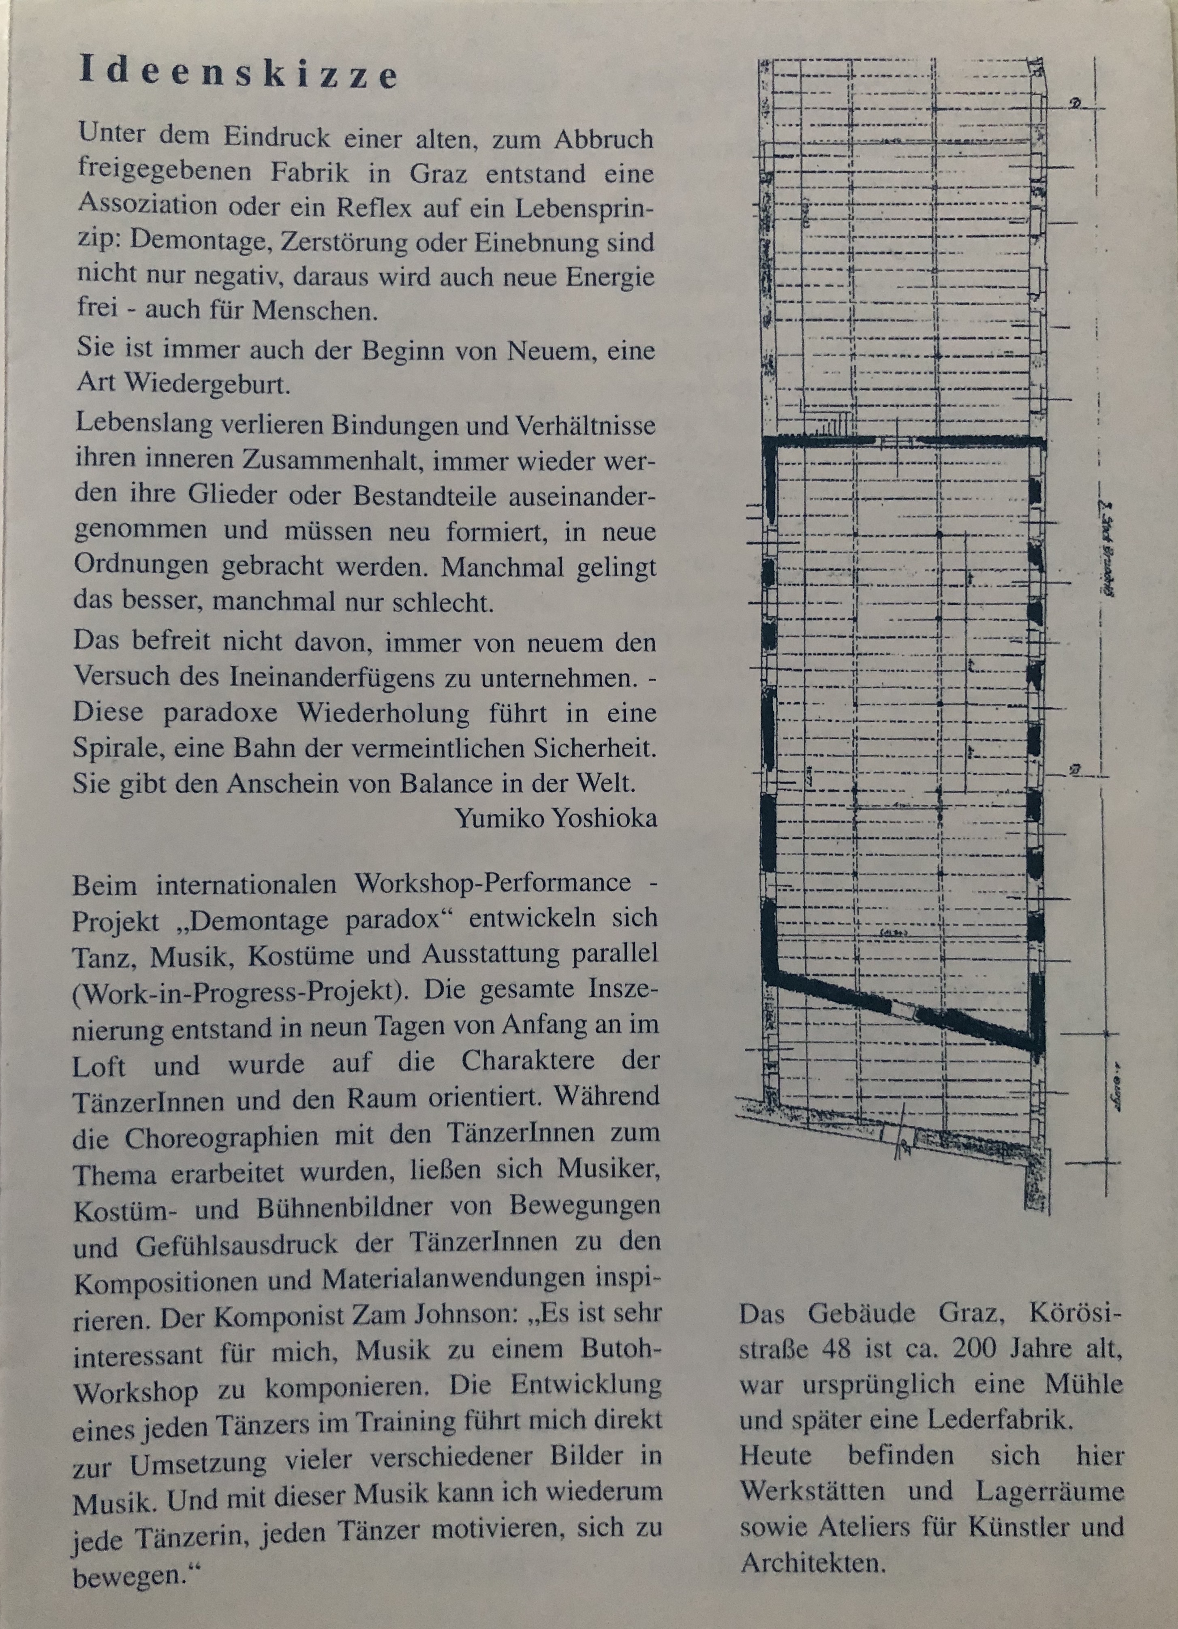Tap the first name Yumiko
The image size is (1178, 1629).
tap(492, 818)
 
